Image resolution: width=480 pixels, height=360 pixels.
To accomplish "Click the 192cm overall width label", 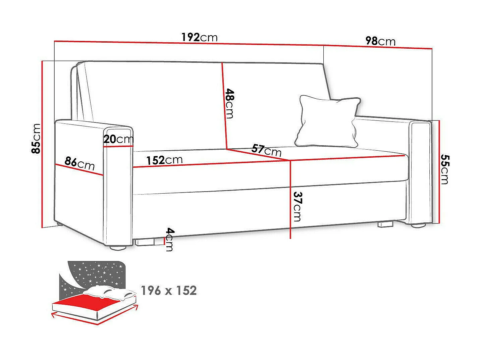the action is (x=200, y=37).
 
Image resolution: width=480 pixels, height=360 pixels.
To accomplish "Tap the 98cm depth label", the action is (x=380, y=41).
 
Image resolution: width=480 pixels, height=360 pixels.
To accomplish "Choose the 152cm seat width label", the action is (x=164, y=160).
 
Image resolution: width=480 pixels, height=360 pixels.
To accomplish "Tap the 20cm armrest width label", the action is (x=118, y=139).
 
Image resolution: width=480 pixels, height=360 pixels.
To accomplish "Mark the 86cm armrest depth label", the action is (x=79, y=164).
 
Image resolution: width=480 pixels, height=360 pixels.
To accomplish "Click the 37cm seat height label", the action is (x=297, y=206).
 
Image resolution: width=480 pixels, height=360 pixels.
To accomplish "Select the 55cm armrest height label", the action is (x=444, y=169).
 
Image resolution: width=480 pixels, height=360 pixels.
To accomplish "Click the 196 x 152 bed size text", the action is (x=169, y=291).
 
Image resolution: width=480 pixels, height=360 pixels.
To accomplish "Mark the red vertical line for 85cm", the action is (x=42, y=144).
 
